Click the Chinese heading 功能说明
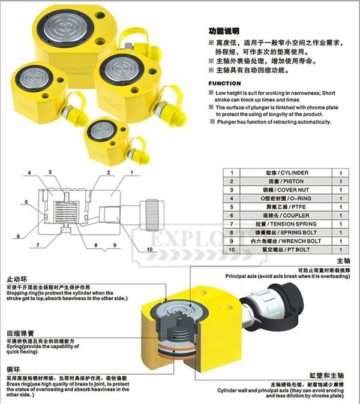click(x=224, y=29)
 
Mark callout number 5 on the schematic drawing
click(x=27, y=201)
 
